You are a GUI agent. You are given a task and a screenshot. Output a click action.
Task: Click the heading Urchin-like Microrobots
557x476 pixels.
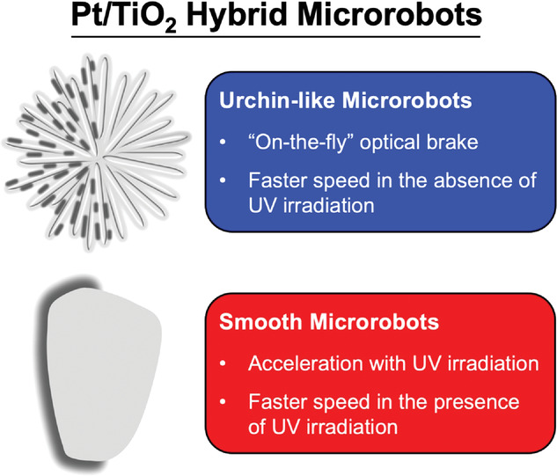(x=345, y=100)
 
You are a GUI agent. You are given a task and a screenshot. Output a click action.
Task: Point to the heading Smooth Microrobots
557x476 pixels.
(x=329, y=322)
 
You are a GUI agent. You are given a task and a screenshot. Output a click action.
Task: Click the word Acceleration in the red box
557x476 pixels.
(x=306, y=363)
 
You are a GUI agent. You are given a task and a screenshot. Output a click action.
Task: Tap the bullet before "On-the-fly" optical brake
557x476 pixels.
(x=224, y=143)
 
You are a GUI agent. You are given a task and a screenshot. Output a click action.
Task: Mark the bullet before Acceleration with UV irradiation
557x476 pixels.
(x=224, y=363)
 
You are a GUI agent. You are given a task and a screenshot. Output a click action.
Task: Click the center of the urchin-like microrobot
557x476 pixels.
(x=97, y=153)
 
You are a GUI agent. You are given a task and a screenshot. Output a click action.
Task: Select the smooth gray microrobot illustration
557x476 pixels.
(x=101, y=373)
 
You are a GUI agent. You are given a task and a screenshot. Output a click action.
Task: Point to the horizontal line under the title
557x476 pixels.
(x=275, y=37)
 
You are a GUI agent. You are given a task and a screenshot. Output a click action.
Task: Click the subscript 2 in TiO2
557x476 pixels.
(x=171, y=26)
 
